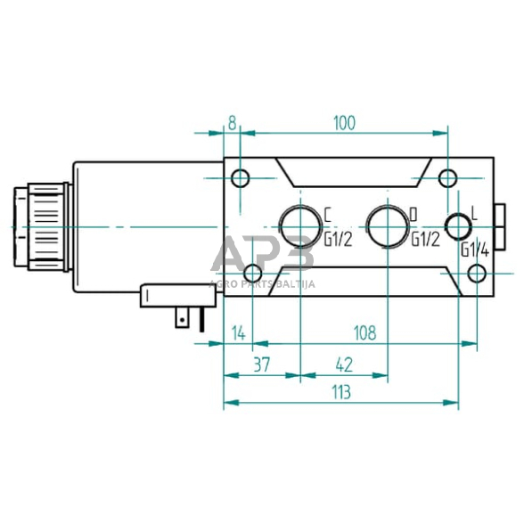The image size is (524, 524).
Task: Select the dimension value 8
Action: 232,123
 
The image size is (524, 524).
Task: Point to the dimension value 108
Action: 364,332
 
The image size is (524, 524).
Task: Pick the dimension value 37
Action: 261,364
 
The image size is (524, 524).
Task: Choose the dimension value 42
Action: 344,364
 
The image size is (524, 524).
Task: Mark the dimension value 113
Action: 340,392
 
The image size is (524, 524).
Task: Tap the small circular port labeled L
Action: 458,226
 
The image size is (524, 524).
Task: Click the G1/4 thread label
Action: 475,250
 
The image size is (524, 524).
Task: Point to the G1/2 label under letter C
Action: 337,239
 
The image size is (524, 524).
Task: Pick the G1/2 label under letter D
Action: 424,239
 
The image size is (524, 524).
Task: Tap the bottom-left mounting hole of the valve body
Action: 253,274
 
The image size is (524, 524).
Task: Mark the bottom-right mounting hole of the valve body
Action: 478,273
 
